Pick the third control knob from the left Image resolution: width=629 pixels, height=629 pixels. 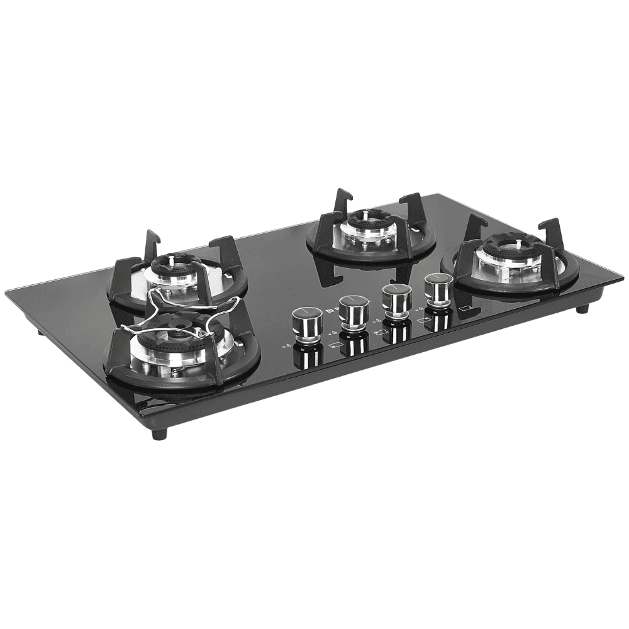click(x=397, y=299)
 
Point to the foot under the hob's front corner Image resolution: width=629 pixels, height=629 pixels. click(x=159, y=434)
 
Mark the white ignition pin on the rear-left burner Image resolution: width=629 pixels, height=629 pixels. click(x=170, y=259)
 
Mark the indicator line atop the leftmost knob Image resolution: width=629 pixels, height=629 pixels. click(x=307, y=311)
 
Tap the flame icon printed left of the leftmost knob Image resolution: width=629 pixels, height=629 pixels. click(x=287, y=345)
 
